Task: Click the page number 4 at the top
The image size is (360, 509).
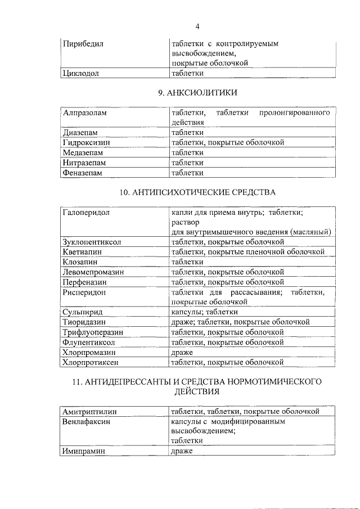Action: pos(197,26)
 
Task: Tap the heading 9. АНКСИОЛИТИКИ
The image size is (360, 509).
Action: pos(197,92)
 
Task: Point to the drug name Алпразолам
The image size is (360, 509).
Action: pos(85,113)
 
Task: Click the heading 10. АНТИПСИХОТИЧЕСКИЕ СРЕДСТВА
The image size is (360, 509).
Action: pos(197,192)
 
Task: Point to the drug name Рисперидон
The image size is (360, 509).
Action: pos(85,292)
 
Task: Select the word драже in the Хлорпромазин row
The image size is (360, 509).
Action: pos(182,352)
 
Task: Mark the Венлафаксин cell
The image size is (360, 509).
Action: pos(87,421)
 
